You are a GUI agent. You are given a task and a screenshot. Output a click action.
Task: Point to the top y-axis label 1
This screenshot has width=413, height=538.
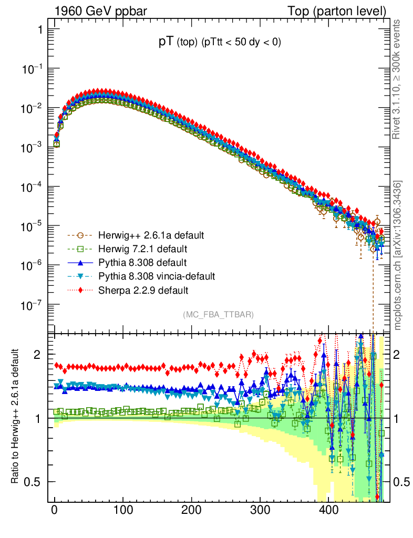(x=40, y=30)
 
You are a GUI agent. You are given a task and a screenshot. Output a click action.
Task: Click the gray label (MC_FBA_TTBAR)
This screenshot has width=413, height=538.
(x=219, y=315)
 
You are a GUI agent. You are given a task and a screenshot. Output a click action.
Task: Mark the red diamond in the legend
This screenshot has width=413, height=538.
(x=80, y=289)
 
